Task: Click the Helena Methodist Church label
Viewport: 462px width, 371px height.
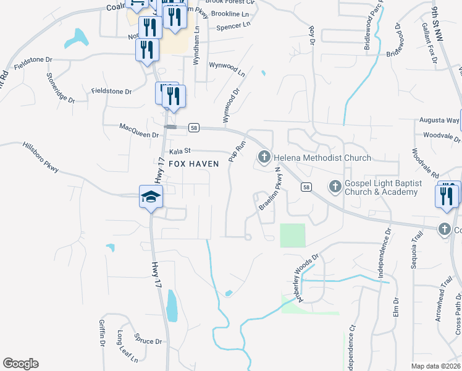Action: point(322,158)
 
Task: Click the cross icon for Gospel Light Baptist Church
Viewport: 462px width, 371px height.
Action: point(335,185)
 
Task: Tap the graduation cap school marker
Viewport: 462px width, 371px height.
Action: point(151,197)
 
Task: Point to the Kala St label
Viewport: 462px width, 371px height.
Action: point(181,151)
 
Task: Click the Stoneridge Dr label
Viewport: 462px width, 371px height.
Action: point(60,87)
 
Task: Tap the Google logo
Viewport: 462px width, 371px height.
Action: point(20,364)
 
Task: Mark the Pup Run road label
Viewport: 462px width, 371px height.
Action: point(237,151)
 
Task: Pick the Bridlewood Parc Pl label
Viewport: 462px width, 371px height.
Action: point(373,31)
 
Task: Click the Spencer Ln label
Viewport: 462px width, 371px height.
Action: point(233,26)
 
